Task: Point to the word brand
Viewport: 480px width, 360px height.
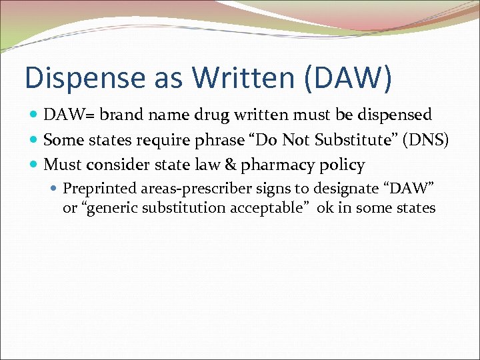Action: click(x=115, y=115)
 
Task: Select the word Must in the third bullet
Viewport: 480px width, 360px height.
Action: click(x=61, y=165)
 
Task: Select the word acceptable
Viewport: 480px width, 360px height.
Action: click(x=269, y=208)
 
